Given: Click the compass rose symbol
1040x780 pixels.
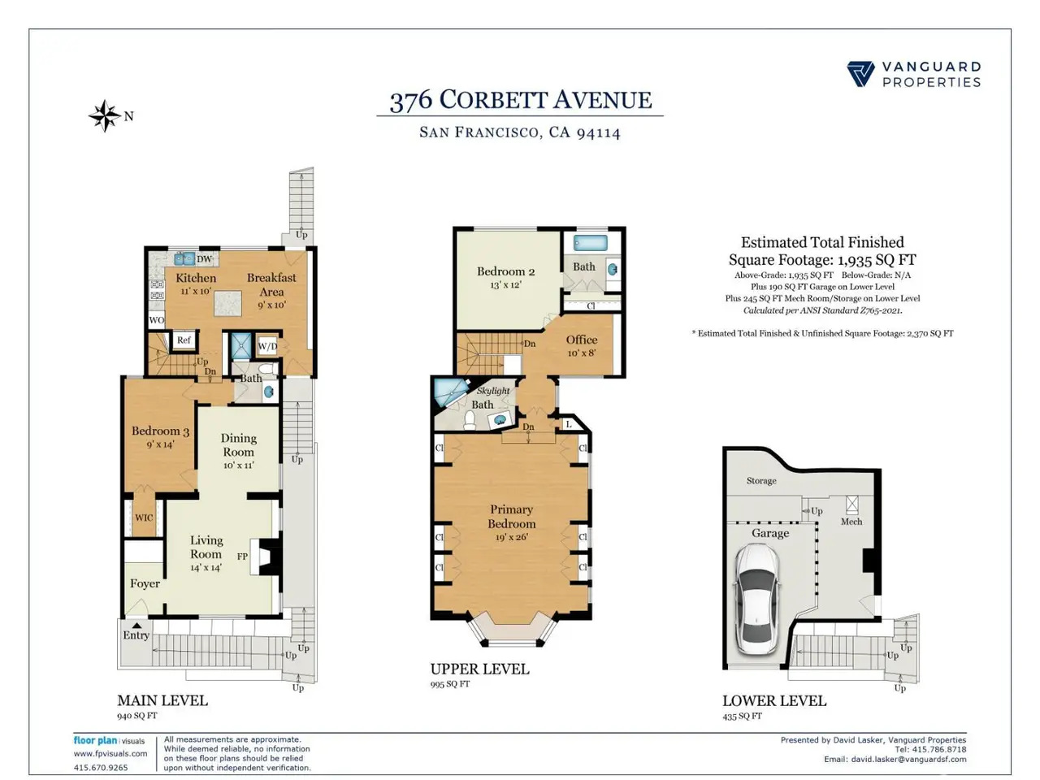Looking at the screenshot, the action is point(105,115).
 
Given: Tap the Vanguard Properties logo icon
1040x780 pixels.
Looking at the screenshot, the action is point(860,74).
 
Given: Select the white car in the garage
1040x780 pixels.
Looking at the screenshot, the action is point(756,600).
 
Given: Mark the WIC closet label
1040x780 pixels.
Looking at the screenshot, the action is point(144,518).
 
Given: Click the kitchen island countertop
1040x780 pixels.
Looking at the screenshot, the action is point(227,304).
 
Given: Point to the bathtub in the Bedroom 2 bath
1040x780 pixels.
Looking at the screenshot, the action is point(591,243).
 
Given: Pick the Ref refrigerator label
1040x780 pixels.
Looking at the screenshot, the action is point(184,340).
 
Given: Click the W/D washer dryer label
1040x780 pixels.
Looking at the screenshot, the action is point(267,346).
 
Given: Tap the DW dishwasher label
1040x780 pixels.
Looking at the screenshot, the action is point(204,258).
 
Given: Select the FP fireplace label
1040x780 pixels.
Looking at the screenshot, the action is point(242,557).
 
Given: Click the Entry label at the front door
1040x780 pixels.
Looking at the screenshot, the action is point(136,635).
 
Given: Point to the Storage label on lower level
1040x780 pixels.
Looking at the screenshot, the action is point(761,481).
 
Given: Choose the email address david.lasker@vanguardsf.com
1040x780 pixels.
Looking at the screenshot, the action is point(908,759).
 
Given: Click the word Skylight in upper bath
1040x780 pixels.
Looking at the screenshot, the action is point(492,391).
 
